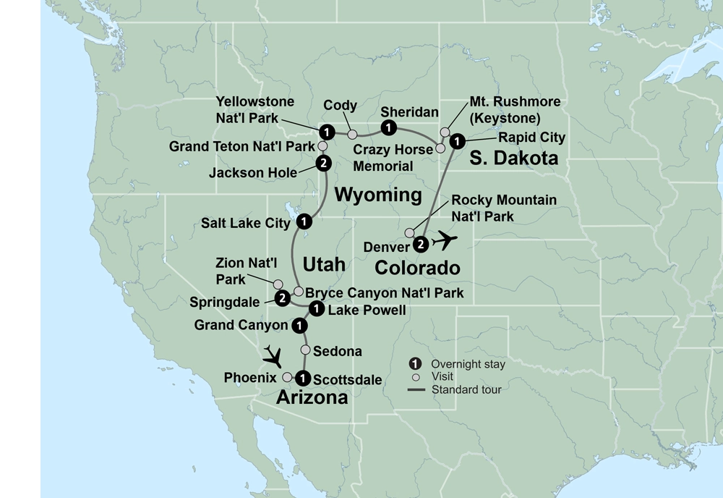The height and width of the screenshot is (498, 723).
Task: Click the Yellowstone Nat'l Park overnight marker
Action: tap(327, 132)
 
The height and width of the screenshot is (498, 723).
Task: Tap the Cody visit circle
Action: tap(352, 134)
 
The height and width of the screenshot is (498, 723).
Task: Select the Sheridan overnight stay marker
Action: tap(389, 129)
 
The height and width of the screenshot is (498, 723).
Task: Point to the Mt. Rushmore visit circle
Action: tap(445, 130)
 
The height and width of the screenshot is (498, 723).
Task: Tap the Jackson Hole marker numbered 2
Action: tap(323, 163)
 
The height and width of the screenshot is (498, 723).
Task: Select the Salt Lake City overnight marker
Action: tap(304, 221)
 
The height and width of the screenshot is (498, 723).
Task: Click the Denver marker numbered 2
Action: tap(422, 244)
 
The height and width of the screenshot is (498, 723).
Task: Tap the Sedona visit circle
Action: tap(306, 350)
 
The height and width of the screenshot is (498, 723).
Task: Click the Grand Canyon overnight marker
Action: tap(297, 326)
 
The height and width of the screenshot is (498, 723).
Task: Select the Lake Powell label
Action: tap(367, 310)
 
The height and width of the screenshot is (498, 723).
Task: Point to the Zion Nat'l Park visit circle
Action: tap(278, 284)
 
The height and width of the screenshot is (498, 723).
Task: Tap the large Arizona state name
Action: tap(312, 397)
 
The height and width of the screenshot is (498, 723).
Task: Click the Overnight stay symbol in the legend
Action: tap(416, 364)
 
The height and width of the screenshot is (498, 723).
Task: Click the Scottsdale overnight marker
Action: tap(304, 377)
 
